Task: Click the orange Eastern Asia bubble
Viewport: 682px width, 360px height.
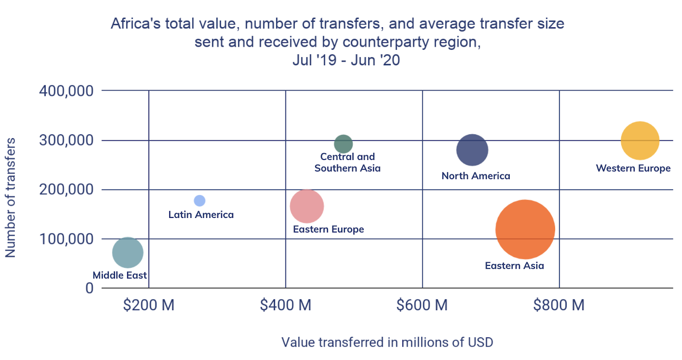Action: pyautogui.click(x=525, y=229)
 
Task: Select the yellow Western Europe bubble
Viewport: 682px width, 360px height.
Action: pyautogui.click(x=640, y=141)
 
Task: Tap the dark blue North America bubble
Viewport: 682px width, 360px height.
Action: pyautogui.click(x=472, y=150)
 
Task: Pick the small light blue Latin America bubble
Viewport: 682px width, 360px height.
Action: pyautogui.click(x=199, y=200)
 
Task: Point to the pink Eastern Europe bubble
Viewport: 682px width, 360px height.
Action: pyautogui.click(x=307, y=206)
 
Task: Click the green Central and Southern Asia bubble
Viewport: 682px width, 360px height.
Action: pyautogui.click(x=343, y=144)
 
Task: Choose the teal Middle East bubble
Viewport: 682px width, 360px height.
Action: pyautogui.click(x=127, y=253)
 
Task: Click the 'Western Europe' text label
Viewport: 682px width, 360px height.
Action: pyautogui.click(x=633, y=168)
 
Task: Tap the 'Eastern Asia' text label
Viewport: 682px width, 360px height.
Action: pyautogui.click(x=514, y=266)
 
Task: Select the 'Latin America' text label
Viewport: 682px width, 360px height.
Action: pyautogui.click(x=201, y=215)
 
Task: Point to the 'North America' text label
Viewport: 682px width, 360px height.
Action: pyautogui.click(x=476, y=176)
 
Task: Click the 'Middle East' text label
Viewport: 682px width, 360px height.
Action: pyautogui.click(x=120, y=275)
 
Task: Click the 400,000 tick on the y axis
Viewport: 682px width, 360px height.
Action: pyautogui.click(x=66, y=91)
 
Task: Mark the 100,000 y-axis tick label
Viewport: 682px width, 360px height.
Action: pyautogui.click(x=66, y=239)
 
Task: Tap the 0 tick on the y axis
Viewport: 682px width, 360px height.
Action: pyautogui.click(x=90, y=288)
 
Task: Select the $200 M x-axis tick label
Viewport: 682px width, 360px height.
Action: pyautogui.click(x=149, y=305)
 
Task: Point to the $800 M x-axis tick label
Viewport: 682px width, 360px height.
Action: pyautogui.click(x=559, y=305)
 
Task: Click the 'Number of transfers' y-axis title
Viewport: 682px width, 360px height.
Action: pyautogui.click(x=10, y=197)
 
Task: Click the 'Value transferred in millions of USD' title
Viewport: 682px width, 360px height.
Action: pyautogui.click(x=387, y=342)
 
